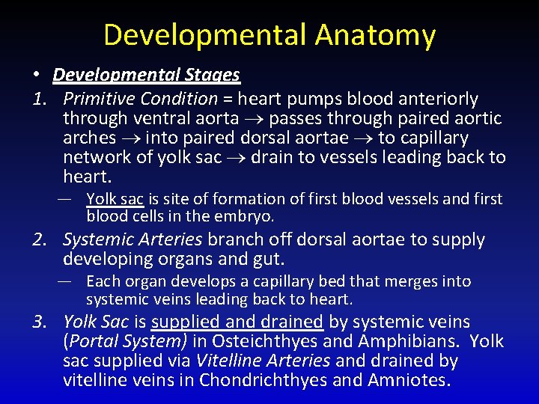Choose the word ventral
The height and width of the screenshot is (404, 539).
(157, 118)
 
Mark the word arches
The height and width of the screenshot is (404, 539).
(89, 138)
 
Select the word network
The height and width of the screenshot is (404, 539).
(95, 157)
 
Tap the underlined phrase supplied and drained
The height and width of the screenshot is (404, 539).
(237, 322)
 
